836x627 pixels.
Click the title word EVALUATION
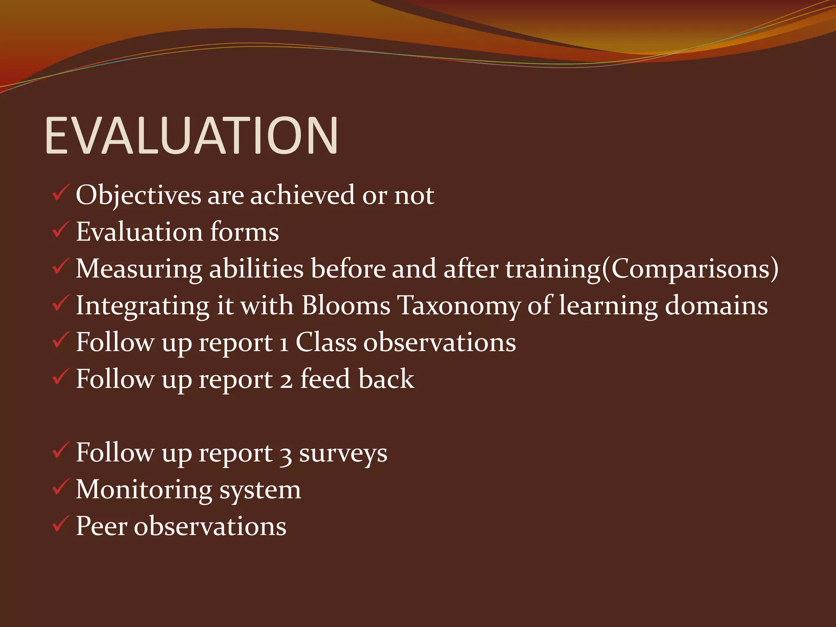tap(191, 136)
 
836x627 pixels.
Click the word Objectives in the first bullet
tap(138, 196)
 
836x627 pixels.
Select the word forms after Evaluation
tap(245, 232)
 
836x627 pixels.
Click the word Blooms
tap(346, 305)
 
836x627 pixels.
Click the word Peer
tap(101, 526)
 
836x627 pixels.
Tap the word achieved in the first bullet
tap(302, 196)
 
